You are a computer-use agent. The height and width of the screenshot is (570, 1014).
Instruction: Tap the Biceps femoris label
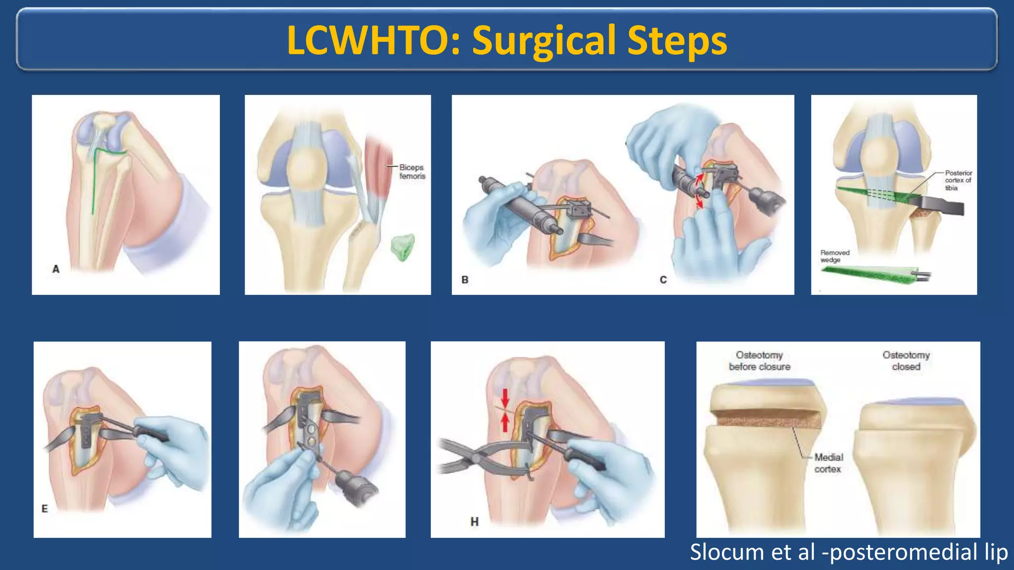[x=412, y=172]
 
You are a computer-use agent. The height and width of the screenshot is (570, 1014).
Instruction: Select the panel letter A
[x=56, y=269]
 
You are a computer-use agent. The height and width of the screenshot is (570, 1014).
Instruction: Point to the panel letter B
[x=465, y=280]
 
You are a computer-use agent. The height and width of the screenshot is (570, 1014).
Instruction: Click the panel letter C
[x=663, y=280]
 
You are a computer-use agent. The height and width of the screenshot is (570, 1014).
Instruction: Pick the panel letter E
[x=45, y=509]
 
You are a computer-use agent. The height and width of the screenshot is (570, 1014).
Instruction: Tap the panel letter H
[x=474, y=522]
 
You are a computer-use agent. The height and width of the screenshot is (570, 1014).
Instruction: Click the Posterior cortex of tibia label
[x=958, y=180]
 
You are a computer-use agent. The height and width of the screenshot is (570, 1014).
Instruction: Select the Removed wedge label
[x=834, y=256]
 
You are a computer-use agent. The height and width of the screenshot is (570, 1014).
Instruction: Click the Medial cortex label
[x=828, y=463]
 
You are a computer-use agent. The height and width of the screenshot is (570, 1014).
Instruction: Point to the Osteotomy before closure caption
[x=760, y=361]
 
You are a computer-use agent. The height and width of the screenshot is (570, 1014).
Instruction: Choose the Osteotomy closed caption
[x=906, y=361]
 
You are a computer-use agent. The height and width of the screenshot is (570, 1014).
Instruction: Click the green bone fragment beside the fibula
[x=403, y=246]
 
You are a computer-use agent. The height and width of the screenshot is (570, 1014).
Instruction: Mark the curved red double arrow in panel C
[x=699, y=190]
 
